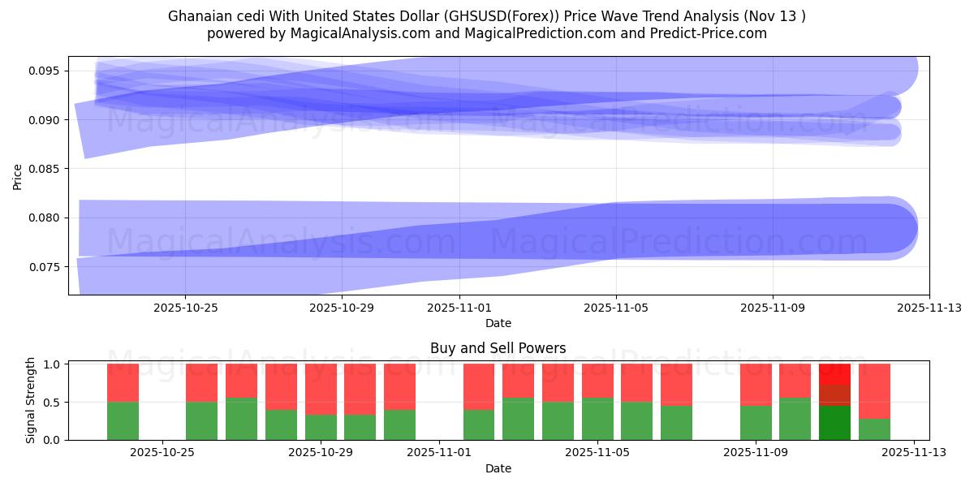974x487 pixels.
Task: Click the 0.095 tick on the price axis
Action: [x=46, y=71]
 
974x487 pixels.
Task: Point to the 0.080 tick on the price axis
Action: [x=46, y=218]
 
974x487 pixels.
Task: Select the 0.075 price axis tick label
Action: [x=46, y=266]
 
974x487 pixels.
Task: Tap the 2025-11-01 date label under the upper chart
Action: [x=459, y=308]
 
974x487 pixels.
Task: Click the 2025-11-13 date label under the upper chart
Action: [x=929, y=308]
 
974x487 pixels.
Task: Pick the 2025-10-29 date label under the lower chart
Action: [x=321, y=453]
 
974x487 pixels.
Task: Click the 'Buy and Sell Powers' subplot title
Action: [x=498, y=348]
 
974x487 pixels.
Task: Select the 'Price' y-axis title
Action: [x=18, y=176]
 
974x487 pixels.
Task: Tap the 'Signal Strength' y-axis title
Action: [x=31, y=400]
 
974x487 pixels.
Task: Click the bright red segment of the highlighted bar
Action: [x=834, y=373]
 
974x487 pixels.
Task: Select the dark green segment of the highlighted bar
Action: [x=834, y=422]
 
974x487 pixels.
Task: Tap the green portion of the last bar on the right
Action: [x=874, y=429]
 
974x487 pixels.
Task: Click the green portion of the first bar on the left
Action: [x=123, y=420]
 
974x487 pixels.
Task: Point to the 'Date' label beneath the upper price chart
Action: [x=498, y=323]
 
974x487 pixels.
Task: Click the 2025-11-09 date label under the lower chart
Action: [x=756, y=453]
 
